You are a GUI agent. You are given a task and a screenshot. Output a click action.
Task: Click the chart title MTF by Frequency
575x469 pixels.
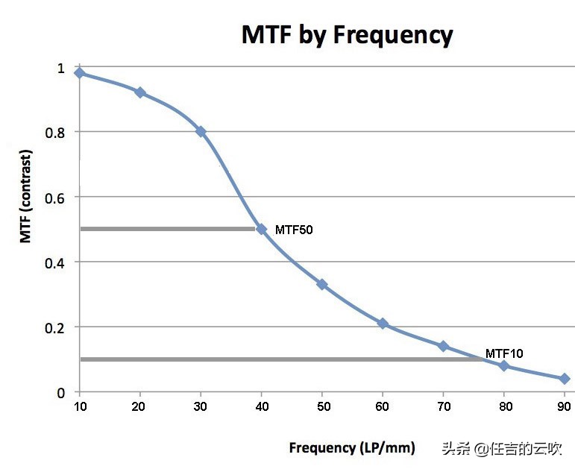347,34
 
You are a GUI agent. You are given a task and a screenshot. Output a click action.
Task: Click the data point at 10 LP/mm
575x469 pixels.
79,73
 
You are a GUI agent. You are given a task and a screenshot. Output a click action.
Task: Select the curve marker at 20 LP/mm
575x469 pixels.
139,92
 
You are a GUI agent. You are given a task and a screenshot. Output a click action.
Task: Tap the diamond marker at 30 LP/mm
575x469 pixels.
201,131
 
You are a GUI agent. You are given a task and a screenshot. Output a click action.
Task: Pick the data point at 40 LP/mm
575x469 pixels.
261,229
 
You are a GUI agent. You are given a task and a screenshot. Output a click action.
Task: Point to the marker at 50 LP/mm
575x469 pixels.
322,284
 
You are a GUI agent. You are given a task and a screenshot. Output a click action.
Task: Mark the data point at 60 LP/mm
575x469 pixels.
383,324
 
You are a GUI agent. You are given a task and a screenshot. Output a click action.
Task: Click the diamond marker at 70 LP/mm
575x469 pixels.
443,346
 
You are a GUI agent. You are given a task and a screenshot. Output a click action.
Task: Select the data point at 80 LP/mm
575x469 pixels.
503,365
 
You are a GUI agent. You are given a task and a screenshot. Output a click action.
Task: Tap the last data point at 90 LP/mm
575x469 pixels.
565,379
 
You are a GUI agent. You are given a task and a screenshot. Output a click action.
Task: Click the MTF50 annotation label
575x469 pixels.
294,230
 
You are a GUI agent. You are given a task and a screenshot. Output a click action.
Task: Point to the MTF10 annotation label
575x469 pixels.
504,353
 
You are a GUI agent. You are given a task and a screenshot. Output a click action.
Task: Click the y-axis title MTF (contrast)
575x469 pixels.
25,196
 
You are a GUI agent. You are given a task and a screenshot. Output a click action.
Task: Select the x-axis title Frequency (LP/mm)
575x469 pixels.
352,447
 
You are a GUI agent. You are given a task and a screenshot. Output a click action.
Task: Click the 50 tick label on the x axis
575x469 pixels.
322,406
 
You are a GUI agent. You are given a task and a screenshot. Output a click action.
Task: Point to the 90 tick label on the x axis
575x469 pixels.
565,406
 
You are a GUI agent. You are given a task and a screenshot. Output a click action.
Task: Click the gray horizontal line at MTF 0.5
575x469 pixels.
168,229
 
